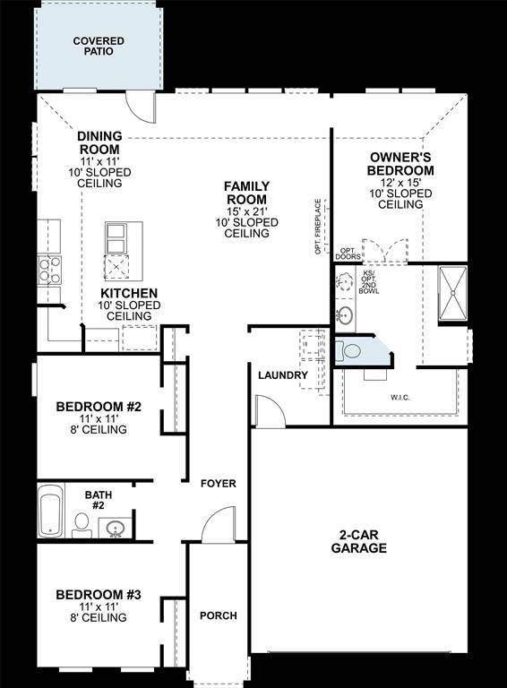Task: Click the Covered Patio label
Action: click(x=99, y=46)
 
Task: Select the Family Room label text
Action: click(x=246, y=193)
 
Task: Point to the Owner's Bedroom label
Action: click(x=400, y=164)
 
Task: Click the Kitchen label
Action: click(x=129, y=293)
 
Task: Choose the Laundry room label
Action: click(x=282, y=375)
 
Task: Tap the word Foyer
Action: click(x=218, y=484)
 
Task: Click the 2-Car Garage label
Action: click(x=363, y=542)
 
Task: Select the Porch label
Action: click(x=218, y=615)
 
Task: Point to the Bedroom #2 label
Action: click(x=99, y=408)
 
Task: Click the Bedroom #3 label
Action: click(x=99, y=596)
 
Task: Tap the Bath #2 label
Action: click(x=99, y=499)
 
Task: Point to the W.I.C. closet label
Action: click(x=400, y=395)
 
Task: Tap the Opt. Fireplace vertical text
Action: click(x=318, y=226)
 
